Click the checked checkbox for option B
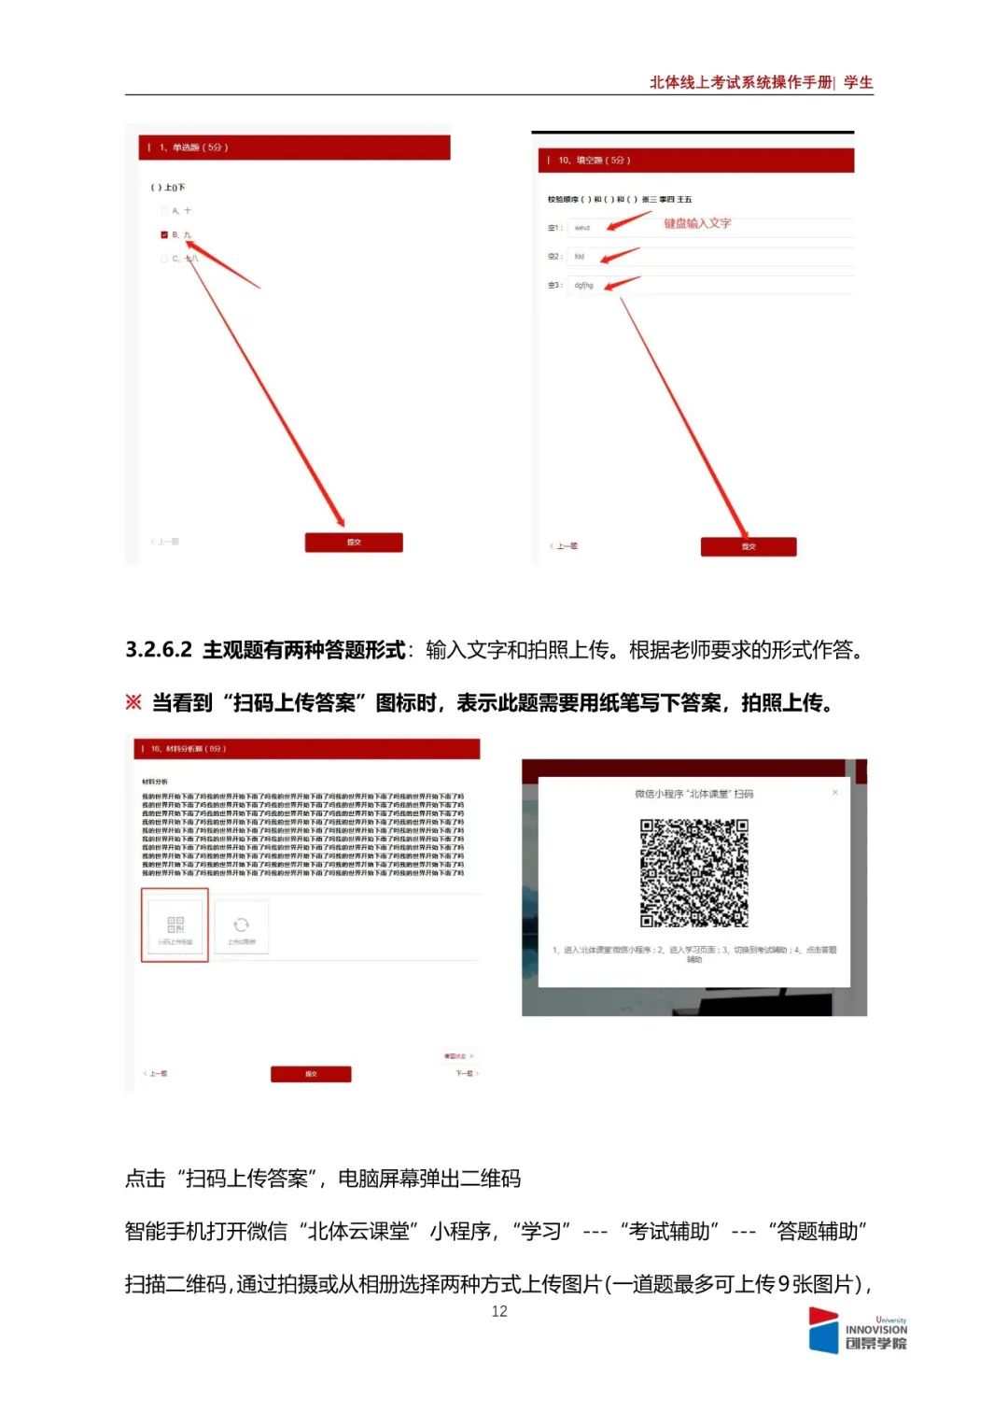[x=165, y=235]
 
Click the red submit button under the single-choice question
[x=354, y=543]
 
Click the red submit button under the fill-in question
[x=749, y=547]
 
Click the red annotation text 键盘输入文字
[x=697, y=223]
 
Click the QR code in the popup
[x=693, y=873]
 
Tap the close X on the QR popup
[x=834, y=793]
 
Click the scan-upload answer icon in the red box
[x=175, y=925]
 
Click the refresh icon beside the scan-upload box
[x=241, y=925]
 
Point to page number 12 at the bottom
[x=499, y=1311]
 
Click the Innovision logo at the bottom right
[x=857, y=1331]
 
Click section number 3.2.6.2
[x=159, y=650]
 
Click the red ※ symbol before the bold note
[x=133, y=702]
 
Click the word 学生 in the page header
[x=858, y=82]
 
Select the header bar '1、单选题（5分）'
[x=295, y=148]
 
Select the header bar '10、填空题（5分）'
[x=695, y=161]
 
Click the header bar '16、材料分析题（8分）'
[x=308, y=749]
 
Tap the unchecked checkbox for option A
[x=165, y=211]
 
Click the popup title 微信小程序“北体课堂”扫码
[x=693, y=794]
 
